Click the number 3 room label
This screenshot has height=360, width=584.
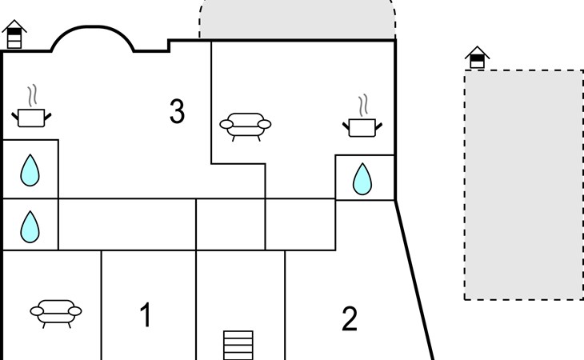[177, 112]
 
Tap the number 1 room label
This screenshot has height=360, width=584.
[145, 316]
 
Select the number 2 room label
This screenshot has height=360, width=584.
[349, 319]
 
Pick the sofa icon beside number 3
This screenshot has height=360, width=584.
[245, 125]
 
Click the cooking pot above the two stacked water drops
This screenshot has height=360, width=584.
[31, 118]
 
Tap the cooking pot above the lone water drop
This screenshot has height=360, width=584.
[362, 126]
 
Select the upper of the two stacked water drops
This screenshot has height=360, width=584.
[30, 170]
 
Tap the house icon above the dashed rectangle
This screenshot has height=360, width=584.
[477, 58]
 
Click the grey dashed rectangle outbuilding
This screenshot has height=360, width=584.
[523, 185]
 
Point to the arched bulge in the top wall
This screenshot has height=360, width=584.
[92, 36]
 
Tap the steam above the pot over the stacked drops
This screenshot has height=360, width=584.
[32, 96]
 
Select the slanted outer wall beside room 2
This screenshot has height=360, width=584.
[414, 280]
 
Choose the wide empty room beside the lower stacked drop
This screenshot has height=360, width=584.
[127, 225]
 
